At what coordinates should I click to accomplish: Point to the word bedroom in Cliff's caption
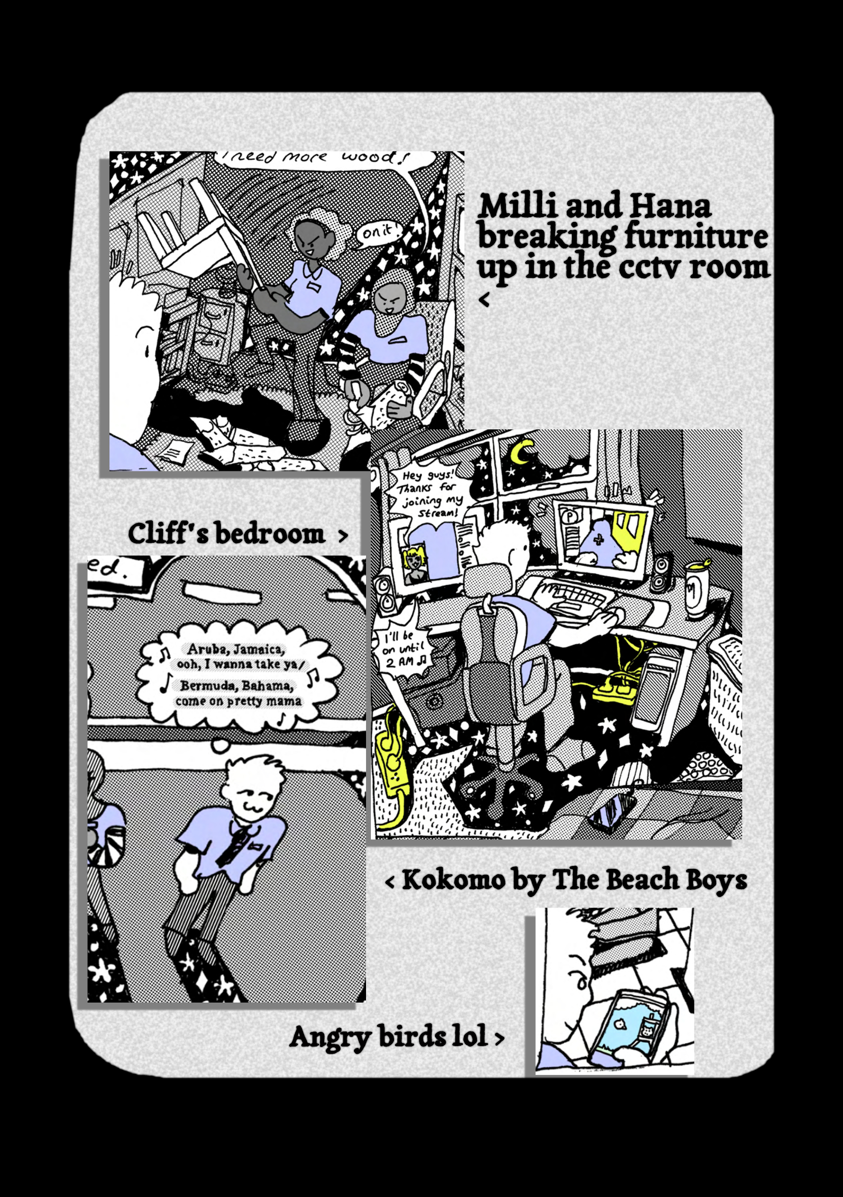click(x=270, y=535)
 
